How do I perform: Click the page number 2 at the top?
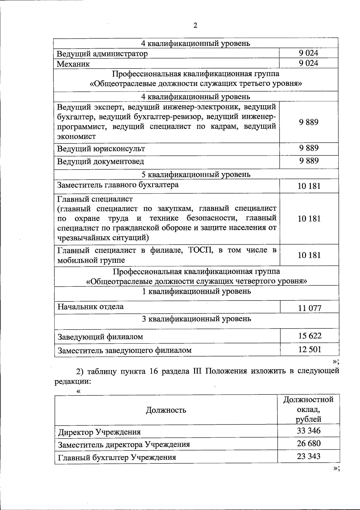pyautogui.click(x=195, y=26)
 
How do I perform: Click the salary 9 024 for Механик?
pyautogui.click(x=308, y=63)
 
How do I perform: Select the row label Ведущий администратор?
pyautogui.click(x=103, y=54)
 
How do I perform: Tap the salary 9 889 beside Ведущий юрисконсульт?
pyautogui.click(x=308, y=148)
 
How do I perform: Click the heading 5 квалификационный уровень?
pyautogui.click(x=196, y=174)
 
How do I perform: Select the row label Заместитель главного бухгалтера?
pyautogui.click(x=118, y=185)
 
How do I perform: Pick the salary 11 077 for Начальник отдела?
pyautogui.click(x=310, y=308)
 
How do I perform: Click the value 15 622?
pyautogui.click(x=310, y=336)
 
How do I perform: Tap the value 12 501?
pyautogui.click(x=310, y=349)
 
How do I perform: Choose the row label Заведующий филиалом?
pyautogui.click(x=100, y=337)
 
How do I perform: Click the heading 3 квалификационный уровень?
pyautogui.click(x=196, y=318)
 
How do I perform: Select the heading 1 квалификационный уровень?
pyautogui.click(x=196, y=291)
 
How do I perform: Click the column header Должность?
pyautogui.click(x=166, y=410)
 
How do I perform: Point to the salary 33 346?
pyautogui.click(x=309, y=431)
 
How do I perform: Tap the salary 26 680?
pyautogui.click(x=309, y=443)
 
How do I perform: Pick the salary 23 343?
pyautogui.click(x=309, y=456)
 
